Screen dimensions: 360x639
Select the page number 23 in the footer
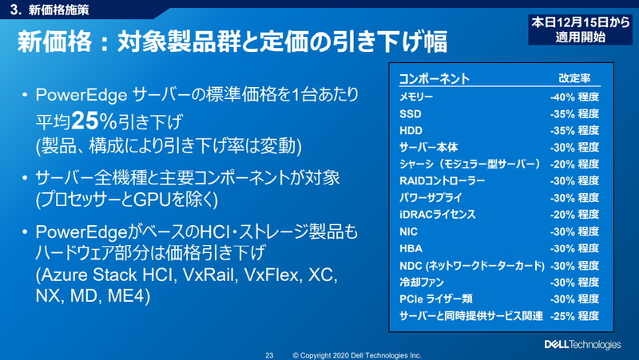[269, 355]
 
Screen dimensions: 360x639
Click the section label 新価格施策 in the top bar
[56, 11]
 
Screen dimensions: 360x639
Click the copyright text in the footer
[357, 355]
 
